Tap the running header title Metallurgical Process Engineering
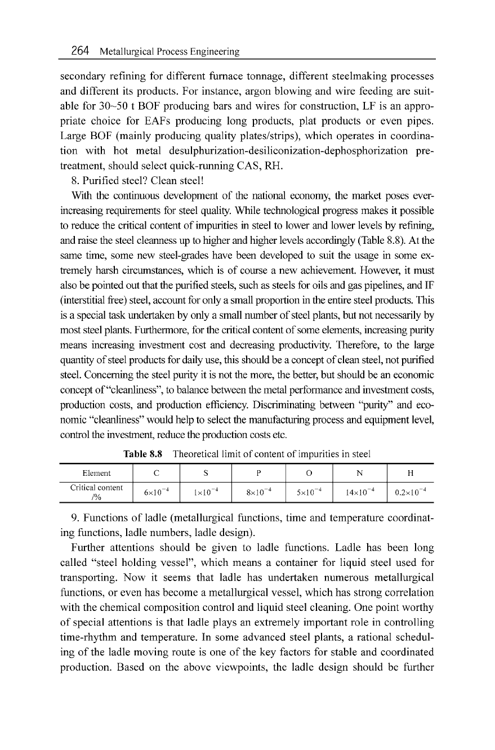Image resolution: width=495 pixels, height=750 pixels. pyautogui.click(x=170, y=52)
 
